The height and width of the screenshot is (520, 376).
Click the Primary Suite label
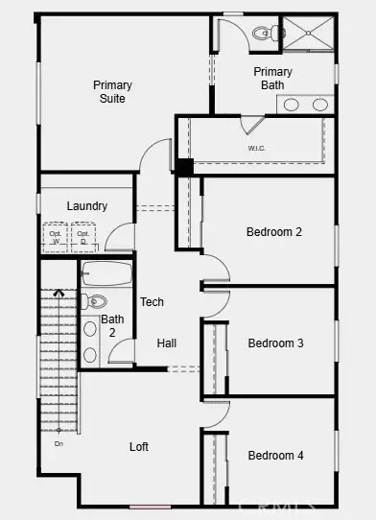112,92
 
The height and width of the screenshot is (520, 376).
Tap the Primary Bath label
272,79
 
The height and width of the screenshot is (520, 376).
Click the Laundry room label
86,206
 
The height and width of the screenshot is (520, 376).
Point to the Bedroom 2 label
274,231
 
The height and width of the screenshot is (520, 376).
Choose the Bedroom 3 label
275,343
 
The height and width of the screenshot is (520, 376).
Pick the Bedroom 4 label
275,455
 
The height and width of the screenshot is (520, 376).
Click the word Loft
139,447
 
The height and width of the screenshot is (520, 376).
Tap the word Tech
152,302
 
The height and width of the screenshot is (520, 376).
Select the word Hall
167,343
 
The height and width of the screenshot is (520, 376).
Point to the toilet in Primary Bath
263,34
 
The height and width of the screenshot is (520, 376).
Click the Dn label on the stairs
59,443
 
